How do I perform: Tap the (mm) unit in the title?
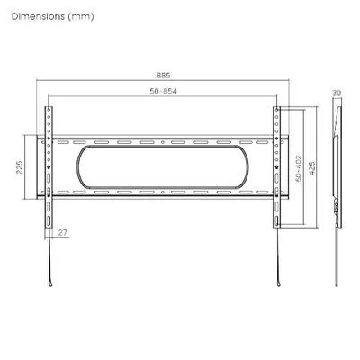81,16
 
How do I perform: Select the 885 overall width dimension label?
164,75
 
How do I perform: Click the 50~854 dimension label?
164,91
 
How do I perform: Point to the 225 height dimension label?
20,167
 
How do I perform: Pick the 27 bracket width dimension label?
63,232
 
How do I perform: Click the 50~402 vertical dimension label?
299,168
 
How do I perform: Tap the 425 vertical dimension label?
312,168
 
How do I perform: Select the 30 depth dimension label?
337,93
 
